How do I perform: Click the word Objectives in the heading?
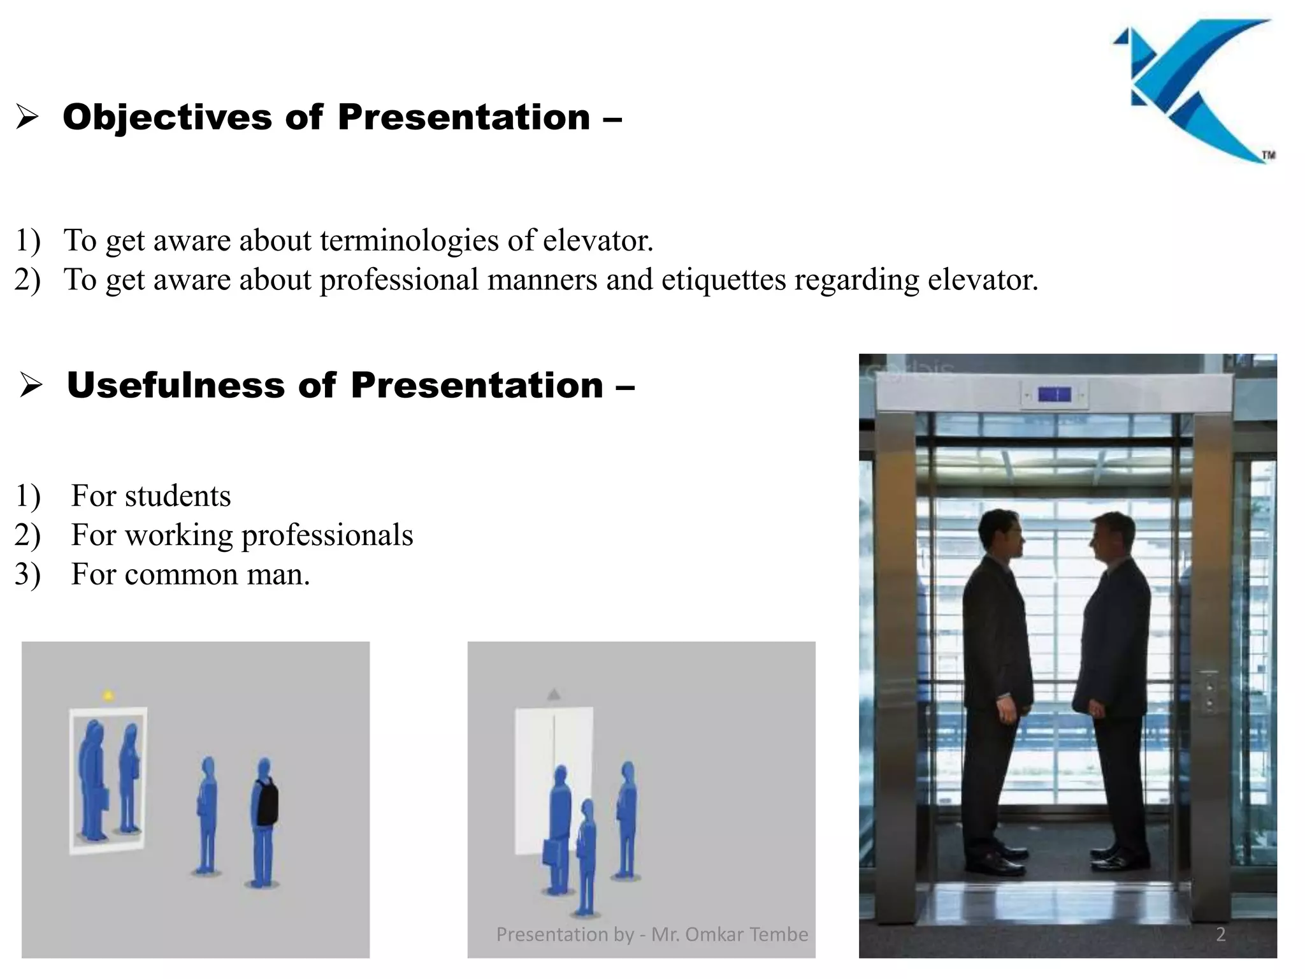(167, 118)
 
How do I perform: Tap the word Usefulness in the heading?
(175, 386)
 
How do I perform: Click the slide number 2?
(1220, 934)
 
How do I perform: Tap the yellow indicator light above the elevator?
(108, 695)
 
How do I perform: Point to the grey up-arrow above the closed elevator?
(554, 694)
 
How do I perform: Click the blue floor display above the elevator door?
(1054, 395)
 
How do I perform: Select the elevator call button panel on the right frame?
(1208, 692)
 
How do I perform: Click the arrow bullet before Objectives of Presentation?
(27, 118)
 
